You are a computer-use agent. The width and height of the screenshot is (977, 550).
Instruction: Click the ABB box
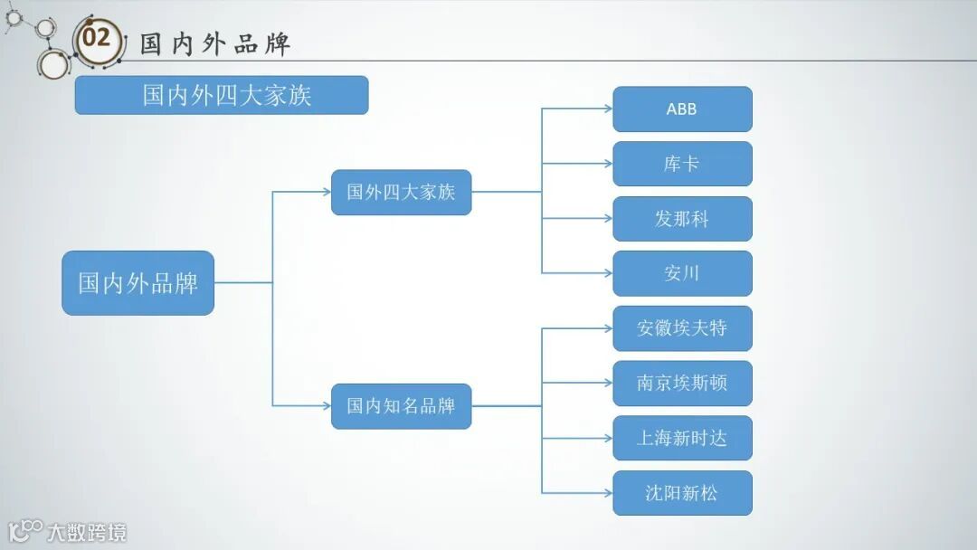coord(682,109)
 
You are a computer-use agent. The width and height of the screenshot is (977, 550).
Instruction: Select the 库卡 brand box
coord(682,164)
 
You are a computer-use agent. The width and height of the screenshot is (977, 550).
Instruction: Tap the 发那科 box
coord(682,219)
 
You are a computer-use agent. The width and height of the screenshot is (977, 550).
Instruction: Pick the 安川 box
coord(682,273)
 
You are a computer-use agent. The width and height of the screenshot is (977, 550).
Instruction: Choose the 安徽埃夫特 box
coord(682,328)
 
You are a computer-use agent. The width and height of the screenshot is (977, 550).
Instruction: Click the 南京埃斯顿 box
coord(682,384)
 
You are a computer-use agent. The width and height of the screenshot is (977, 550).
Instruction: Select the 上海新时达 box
coord(682,438)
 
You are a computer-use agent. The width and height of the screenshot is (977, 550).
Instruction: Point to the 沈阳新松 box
coord(682,493)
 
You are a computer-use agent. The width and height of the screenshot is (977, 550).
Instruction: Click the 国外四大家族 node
coord(401,192)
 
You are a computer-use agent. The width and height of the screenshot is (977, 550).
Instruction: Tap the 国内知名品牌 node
coord(401,406)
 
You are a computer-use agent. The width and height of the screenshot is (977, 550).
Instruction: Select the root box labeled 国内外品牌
coord(138,283)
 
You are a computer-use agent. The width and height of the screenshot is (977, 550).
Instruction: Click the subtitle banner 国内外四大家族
coord(222,95)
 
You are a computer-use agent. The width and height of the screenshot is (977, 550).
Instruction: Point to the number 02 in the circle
coord(97,39)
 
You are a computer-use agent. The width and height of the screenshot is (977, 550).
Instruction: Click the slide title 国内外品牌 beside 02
coord(215,43)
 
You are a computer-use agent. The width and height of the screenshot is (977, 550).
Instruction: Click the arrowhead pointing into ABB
coord(608,109)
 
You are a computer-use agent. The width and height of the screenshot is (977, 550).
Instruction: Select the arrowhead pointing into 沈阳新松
coord(608,493)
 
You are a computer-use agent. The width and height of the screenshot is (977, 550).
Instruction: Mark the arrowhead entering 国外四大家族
coord(327,192)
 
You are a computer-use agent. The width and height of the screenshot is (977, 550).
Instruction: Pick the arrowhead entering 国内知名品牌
coord(327,406)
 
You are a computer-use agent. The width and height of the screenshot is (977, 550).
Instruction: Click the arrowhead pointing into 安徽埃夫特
coord(608,328)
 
